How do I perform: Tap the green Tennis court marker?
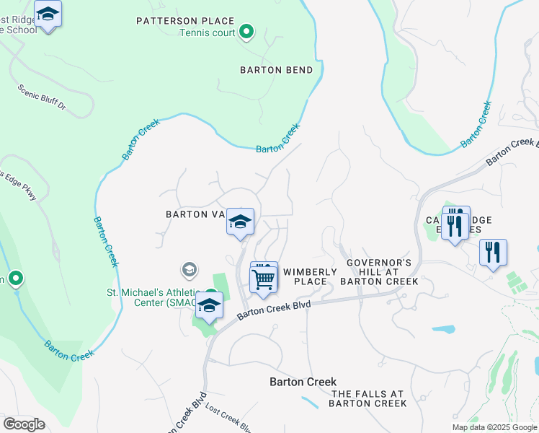point(246,32)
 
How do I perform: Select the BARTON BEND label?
point(277,70)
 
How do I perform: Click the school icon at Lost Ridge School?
point(48,14)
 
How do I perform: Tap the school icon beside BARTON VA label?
point(240,222)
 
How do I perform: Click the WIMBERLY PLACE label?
point(310,276)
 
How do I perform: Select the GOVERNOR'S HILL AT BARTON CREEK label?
point(379,272)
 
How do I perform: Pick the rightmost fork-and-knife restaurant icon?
point(493,253)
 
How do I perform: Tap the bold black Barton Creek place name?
point(303,382)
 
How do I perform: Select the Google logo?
point(24,424)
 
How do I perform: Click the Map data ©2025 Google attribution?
point(494,427)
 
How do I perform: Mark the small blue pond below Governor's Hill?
point(444,329)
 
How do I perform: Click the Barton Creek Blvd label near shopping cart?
point(274,309)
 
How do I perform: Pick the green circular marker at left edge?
point(14,279)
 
